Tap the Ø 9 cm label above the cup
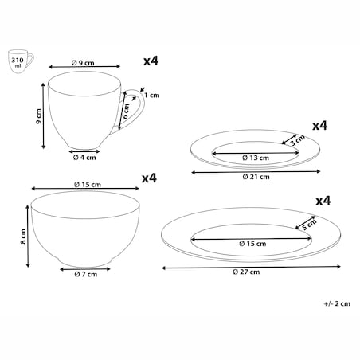(x=83, y=63)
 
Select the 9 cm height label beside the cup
(x=39, y=116)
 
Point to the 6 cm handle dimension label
(x=126, y=111)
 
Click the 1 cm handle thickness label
(x=152, y=95)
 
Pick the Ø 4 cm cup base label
(x=84, y=158)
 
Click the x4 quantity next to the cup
(x=151, y=61)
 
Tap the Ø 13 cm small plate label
(x=256, y=158)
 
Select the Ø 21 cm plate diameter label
(x=256, y=177)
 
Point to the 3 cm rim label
(x=297, y=140)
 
